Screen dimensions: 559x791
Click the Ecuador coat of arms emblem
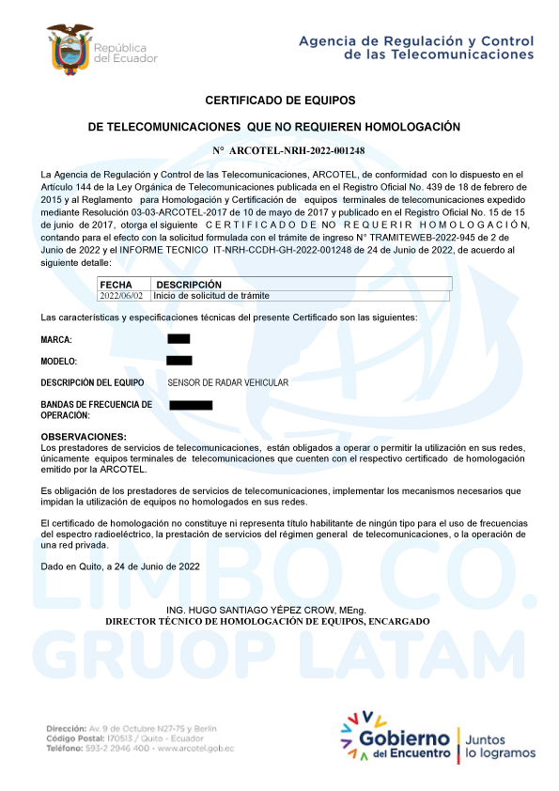[x=70, y=49]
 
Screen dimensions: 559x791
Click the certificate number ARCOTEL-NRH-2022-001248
[x=287, y=150]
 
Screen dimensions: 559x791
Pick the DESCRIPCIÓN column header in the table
[x=189, y=284]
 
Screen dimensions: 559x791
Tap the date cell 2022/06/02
[x=121, y=295]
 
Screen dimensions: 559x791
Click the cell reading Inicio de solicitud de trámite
[x=212, y=295]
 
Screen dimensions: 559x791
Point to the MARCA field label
[x=56, y=339]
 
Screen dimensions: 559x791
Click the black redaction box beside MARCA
[x=179, y=338]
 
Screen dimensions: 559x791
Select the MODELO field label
[x=59, y=361]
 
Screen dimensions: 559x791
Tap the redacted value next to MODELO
[x=179, y=360]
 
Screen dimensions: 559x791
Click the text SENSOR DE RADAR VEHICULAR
[x=227, y=382]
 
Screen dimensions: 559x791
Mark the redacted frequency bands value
[x=191, y=405]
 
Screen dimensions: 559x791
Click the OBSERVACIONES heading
[x=84, y=437]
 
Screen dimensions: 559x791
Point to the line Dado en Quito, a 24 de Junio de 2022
[x=120, y=566]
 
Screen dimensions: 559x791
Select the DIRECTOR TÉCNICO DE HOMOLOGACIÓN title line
[x=267, y=621]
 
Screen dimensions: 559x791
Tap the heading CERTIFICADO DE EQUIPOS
[x=280, y=100]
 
